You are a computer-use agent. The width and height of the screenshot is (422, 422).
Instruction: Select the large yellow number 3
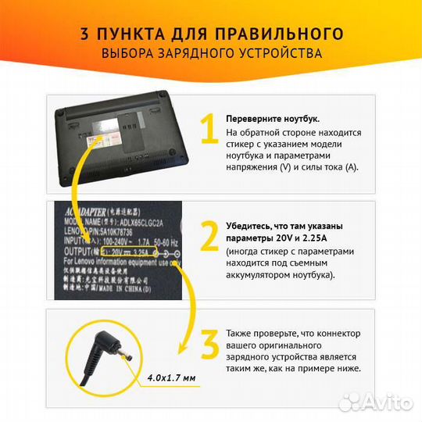click(x=209, y=344)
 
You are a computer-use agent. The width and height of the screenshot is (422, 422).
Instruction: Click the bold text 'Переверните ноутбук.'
click(x=273, y=118)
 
